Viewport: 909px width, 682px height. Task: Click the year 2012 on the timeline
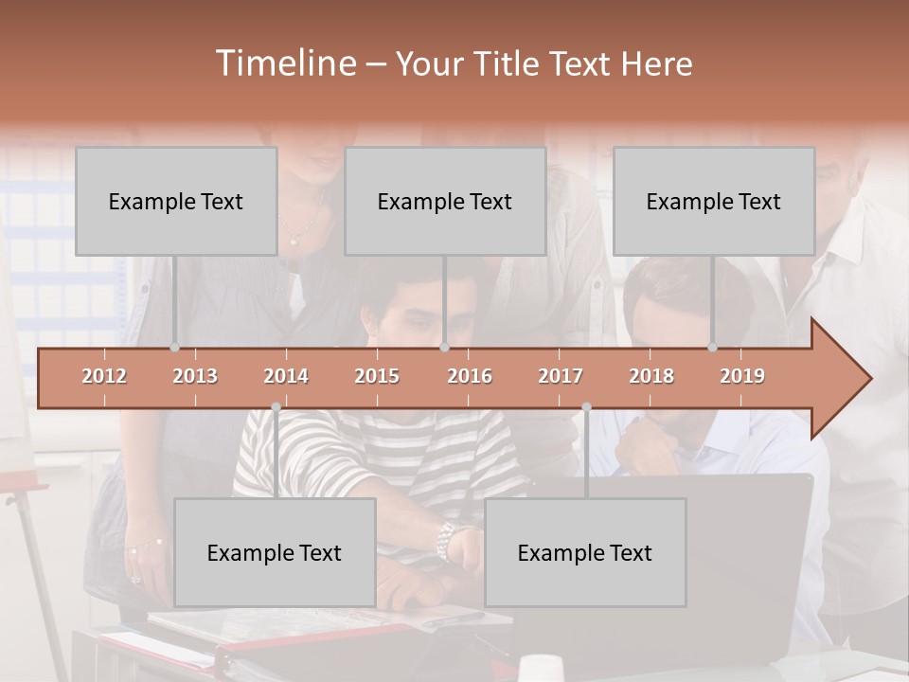coord(104,376)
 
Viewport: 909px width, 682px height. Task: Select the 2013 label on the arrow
coord(195,376)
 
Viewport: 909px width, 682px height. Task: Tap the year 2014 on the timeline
coord(286,376)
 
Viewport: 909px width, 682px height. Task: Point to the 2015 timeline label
coord(377,376)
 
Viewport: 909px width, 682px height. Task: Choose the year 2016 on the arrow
coord(470,376)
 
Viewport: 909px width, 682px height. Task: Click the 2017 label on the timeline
coord(561,376)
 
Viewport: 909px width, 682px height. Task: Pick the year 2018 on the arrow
coord(651,376)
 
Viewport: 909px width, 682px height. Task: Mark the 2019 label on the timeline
coord(742,376)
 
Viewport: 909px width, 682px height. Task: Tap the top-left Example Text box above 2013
coord(176,201)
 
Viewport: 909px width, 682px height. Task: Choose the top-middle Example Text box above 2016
coord(445,201)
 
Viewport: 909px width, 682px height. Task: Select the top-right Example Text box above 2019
coord(714,201)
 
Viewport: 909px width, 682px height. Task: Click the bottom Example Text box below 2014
coord(275,552)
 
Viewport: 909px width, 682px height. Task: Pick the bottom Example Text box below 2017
coord(585,552)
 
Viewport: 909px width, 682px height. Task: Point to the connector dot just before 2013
coord(174,348)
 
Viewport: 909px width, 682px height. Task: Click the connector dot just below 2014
coord(276,406)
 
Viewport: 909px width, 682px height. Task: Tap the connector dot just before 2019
coord(712,348)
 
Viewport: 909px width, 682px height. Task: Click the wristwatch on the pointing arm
coord(444,541)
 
